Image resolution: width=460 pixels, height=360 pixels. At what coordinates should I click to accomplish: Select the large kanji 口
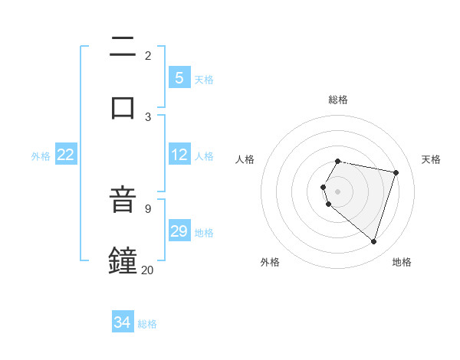point(123,106)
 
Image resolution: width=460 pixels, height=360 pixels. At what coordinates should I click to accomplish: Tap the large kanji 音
point(123,201)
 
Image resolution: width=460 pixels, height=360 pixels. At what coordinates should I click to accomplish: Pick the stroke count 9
point(147,208)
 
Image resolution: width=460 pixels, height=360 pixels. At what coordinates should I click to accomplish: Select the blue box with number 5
point(179,77)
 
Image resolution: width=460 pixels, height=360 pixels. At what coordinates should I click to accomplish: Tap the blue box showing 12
point(179,155)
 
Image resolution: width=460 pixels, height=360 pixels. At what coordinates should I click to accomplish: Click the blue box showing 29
point(179,231)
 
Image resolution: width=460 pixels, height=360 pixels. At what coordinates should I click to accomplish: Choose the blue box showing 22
point(66,155)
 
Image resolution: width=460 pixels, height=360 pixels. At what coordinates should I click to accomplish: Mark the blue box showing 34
point(123,322)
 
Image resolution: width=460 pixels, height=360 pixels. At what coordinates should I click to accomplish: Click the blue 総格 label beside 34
point(147,324)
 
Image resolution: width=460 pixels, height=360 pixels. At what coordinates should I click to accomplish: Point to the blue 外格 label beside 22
point(41,156)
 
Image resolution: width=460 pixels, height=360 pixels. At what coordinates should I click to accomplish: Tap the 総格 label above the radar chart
point(338,100)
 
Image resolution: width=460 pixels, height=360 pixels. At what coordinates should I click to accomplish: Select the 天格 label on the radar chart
point(432,159)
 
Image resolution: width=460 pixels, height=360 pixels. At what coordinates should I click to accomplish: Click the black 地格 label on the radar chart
point(402,262)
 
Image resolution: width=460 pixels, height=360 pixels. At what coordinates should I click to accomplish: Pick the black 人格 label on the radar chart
point(245,159)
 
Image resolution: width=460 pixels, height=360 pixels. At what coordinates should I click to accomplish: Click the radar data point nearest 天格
point(396,172)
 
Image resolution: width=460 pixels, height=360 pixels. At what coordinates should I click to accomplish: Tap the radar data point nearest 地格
point(373,241)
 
